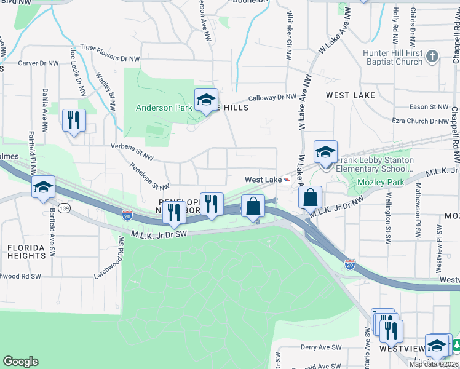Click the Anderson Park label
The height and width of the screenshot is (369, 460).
point(164,108)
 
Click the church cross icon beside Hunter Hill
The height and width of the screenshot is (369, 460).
point(433,57)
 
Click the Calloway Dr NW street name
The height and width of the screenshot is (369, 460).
point(272,97)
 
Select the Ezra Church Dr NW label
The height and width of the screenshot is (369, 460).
point(421,121)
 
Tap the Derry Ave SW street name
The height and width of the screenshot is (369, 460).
point(321,347)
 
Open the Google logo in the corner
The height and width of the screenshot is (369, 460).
point(20,362)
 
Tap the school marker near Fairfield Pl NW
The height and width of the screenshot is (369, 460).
point(43,187)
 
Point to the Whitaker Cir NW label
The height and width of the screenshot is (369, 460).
point(288,30)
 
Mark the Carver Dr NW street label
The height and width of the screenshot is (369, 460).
point(38,63)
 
